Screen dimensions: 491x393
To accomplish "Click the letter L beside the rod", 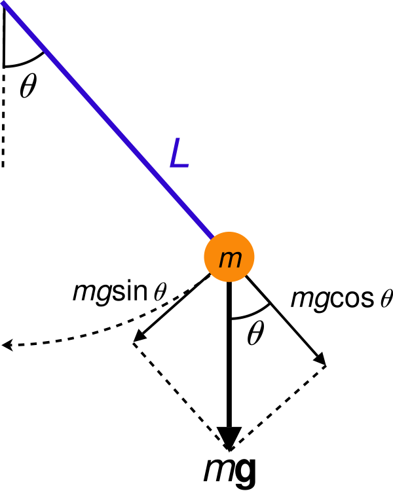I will (179, 154).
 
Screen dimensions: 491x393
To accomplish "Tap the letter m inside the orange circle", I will (230, 259).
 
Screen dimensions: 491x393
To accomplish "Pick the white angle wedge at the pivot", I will (17, 46).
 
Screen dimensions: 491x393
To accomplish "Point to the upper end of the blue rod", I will (3, 3).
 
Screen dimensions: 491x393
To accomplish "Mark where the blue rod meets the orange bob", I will (212, 238).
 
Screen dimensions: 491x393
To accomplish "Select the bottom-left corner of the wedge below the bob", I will (233, 317).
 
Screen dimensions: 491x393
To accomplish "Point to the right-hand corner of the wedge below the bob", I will (267, 303).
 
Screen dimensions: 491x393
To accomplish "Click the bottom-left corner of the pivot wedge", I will (6, 65).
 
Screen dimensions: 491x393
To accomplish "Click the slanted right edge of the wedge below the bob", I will (257, 291).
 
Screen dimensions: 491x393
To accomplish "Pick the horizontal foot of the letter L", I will (180, 168).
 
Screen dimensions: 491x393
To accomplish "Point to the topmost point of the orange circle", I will (229, 232).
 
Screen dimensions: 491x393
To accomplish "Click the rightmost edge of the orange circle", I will (254, 257).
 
